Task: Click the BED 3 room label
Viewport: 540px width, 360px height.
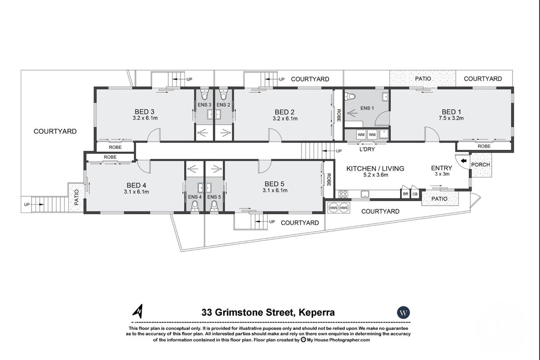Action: pyautogui.click(x=144, y=112)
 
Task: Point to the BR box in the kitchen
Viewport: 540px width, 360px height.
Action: pyautogui.click(x=405, y=194)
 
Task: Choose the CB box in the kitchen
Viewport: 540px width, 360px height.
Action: pyautogui.click(x=415, y=194)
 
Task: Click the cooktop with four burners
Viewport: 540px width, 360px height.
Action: pyautogui.click(x=343, y=194)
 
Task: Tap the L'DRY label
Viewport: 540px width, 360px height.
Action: pyautogui.click(x=367, y=149)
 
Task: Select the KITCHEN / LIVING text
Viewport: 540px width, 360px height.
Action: pyautogui.click(x=375, y=168)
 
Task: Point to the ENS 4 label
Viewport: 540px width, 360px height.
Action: pyautogui.click(x=195, y=197)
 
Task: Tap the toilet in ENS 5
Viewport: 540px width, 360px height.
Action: pyautogui.click(x=214, y=206)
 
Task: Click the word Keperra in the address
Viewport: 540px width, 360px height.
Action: pyautogui.click(x=314, y=312)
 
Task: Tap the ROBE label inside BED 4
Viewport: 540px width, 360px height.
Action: pyautogui.click(x=110, y=157)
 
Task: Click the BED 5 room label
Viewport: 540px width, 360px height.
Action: pyautogui.click(x=274, y=184)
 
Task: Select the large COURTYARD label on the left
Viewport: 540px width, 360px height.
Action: pyautogui.click(x=55, y=131)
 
